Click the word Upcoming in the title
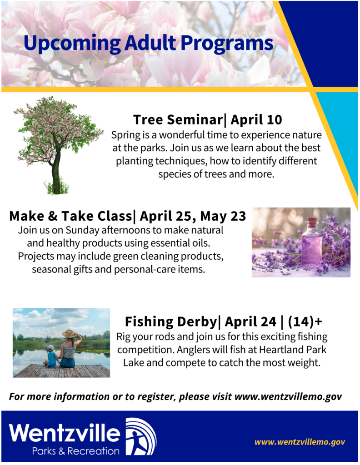pos(72,43)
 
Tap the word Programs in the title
pos(227,43)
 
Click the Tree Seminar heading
pos(177,119)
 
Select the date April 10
pos(256,119)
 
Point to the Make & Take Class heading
pos(70,216)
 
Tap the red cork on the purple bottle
pos(312,222)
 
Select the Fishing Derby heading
pos(170,322)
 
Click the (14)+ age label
pos(305,322)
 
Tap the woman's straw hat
pos(69,334)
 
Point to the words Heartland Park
pos(293,350)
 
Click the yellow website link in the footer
pos(300,442)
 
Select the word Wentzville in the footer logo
pos(65,433)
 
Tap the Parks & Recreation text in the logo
pos(75,451)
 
